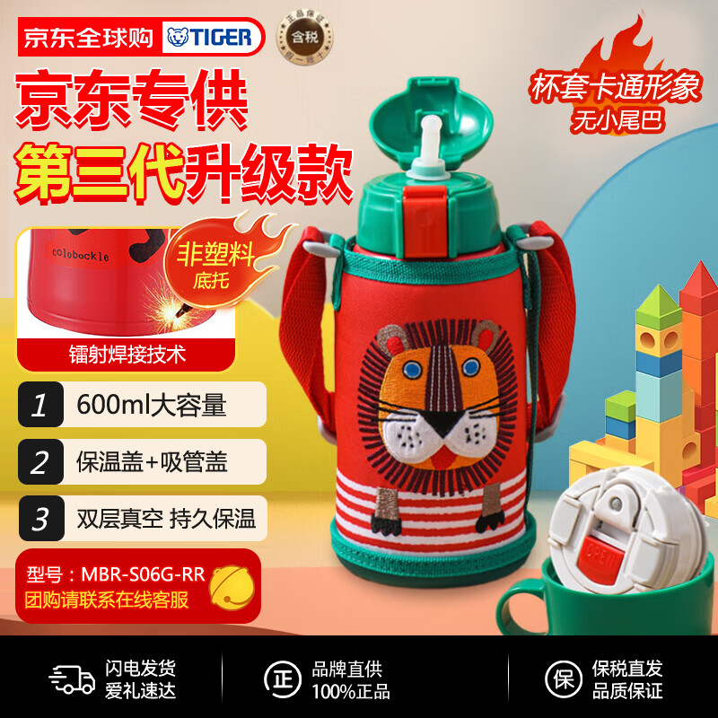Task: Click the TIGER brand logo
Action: [213, 37]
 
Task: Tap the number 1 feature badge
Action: [39, 406]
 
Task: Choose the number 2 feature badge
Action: [39, 462]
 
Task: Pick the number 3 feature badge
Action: [39, 518]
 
